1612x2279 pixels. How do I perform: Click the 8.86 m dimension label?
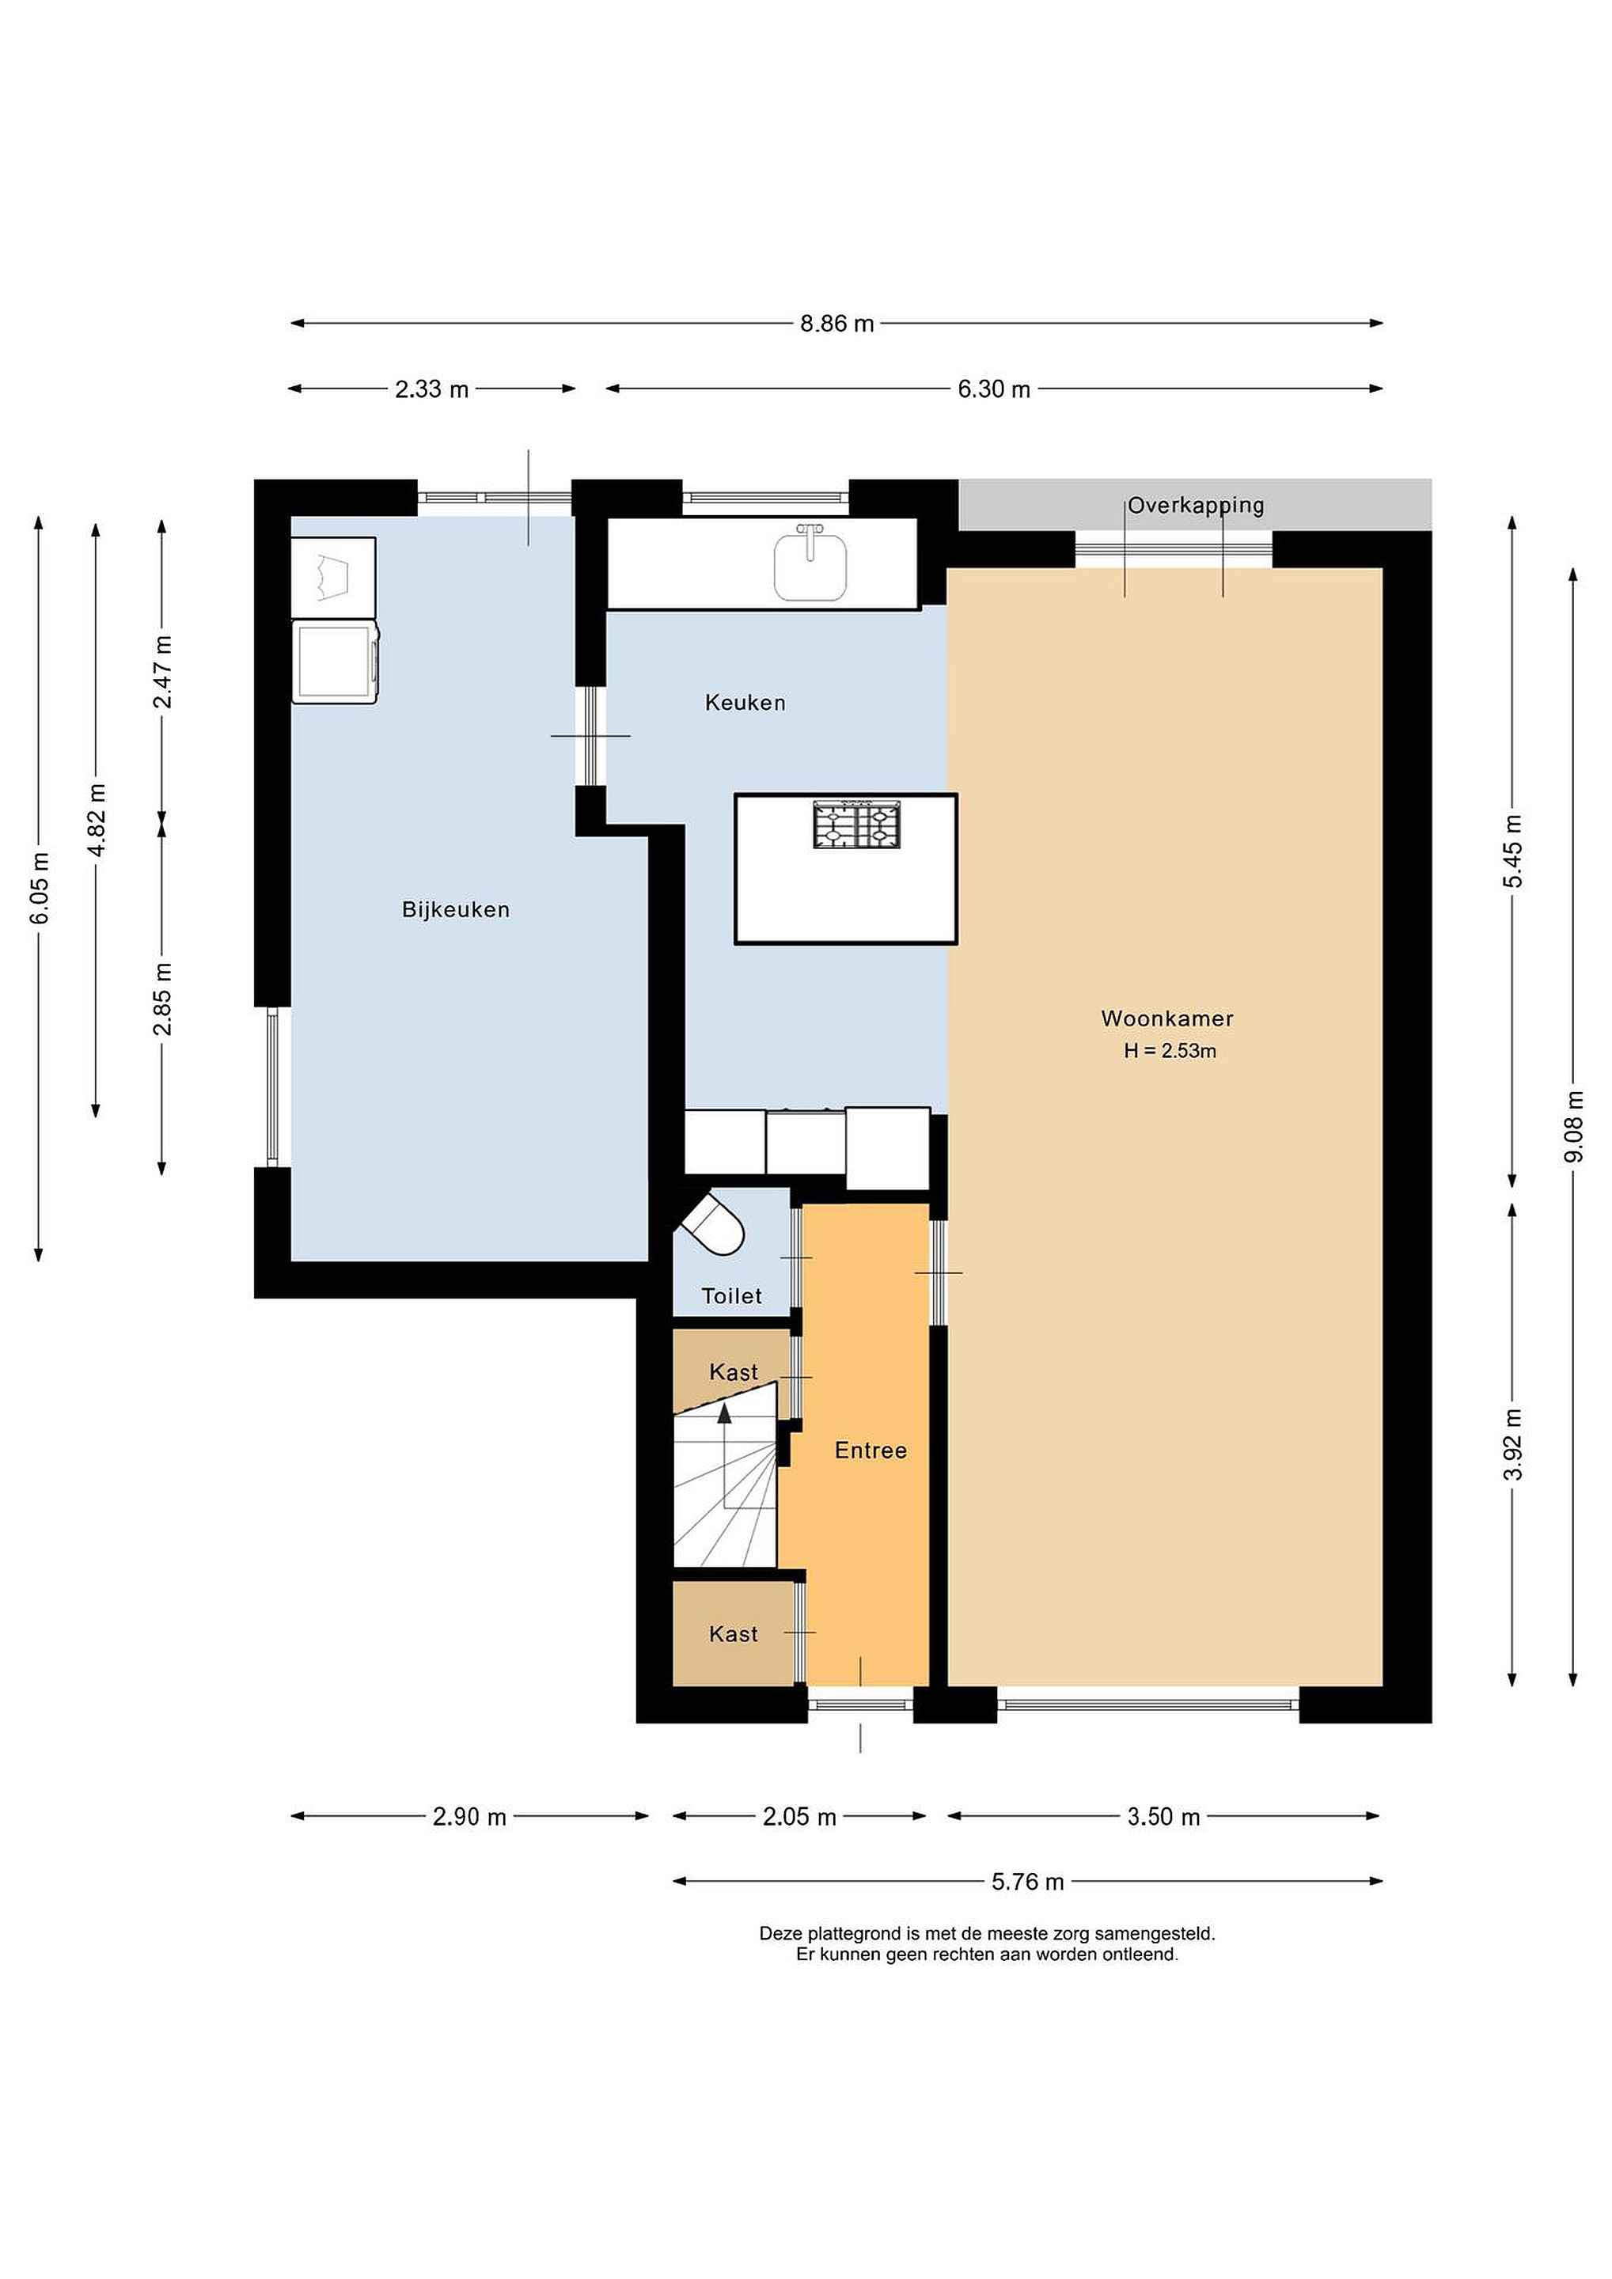tap(836, 324)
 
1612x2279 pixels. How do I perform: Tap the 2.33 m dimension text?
tap(432, 389)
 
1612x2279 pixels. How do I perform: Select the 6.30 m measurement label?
tap(994, 389)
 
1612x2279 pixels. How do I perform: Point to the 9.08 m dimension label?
tap(1573, 1127)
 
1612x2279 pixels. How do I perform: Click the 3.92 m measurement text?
tap(1513, 1444)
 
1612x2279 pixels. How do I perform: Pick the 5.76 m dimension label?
tap(1027, 1881)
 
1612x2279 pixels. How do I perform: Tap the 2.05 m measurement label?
tap(799, 1816)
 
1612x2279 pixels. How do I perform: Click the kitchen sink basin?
tap(810, 567)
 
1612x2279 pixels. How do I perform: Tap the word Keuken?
tap(745, 703)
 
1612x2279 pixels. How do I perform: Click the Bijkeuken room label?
tap(456, 910)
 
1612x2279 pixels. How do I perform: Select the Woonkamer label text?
tap(1167, 1018)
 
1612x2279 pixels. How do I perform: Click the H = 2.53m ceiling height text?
tap(1170, 1051)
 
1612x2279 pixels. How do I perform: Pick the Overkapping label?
tap(1196, 505)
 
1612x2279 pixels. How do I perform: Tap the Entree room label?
tap(870, 1451)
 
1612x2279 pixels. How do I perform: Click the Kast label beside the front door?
tap(734, 1634)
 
